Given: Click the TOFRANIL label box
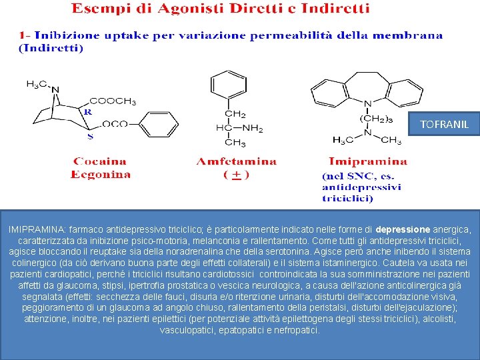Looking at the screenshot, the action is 445,124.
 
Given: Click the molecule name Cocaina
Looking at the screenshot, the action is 99,161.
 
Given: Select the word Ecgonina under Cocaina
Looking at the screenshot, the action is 101,174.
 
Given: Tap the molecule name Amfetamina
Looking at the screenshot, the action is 236,161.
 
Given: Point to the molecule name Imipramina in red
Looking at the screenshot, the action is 367,161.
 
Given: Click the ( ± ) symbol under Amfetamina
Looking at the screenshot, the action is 236,175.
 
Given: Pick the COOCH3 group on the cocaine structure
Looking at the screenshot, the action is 112,101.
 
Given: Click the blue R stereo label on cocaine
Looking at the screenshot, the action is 87,112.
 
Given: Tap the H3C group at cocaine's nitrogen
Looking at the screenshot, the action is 36,84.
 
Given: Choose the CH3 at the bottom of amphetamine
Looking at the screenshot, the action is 235,143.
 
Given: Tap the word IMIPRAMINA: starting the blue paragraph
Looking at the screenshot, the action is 38,229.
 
